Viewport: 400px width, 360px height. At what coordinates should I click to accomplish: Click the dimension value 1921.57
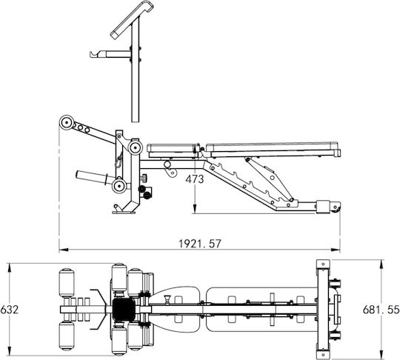[x=200, y=244]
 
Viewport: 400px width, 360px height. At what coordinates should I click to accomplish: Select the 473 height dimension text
[x=195, y=179]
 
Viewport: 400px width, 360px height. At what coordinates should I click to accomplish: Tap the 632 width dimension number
[x=10, y=310]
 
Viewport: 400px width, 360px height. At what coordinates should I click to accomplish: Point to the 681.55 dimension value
[x=381, y=310]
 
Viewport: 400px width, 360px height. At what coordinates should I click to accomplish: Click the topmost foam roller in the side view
[x=67, y=123]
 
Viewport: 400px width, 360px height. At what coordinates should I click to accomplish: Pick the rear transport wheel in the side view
[x=336, y=207]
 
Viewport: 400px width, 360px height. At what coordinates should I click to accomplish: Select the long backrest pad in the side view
[x=273, y=148]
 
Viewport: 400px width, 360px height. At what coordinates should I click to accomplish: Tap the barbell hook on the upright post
[x=97, y=54]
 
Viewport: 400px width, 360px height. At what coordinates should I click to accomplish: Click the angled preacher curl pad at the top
[x=132, y=20]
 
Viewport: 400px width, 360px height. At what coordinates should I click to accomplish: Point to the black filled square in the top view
[x=124, y=310]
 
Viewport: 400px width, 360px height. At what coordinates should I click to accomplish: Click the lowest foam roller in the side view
[x=119, y=186]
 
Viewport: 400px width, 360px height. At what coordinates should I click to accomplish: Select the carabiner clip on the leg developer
[x=118, y=161]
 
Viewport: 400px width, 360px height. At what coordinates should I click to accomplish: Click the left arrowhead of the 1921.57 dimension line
[x=63, y=250]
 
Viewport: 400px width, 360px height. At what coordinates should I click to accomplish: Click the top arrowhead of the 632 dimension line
[x=10, y=267]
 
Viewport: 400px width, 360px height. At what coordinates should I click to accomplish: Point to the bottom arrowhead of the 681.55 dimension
[x=381, y=353]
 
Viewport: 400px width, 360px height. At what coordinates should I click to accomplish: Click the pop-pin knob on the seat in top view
[x=167, y=299]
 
